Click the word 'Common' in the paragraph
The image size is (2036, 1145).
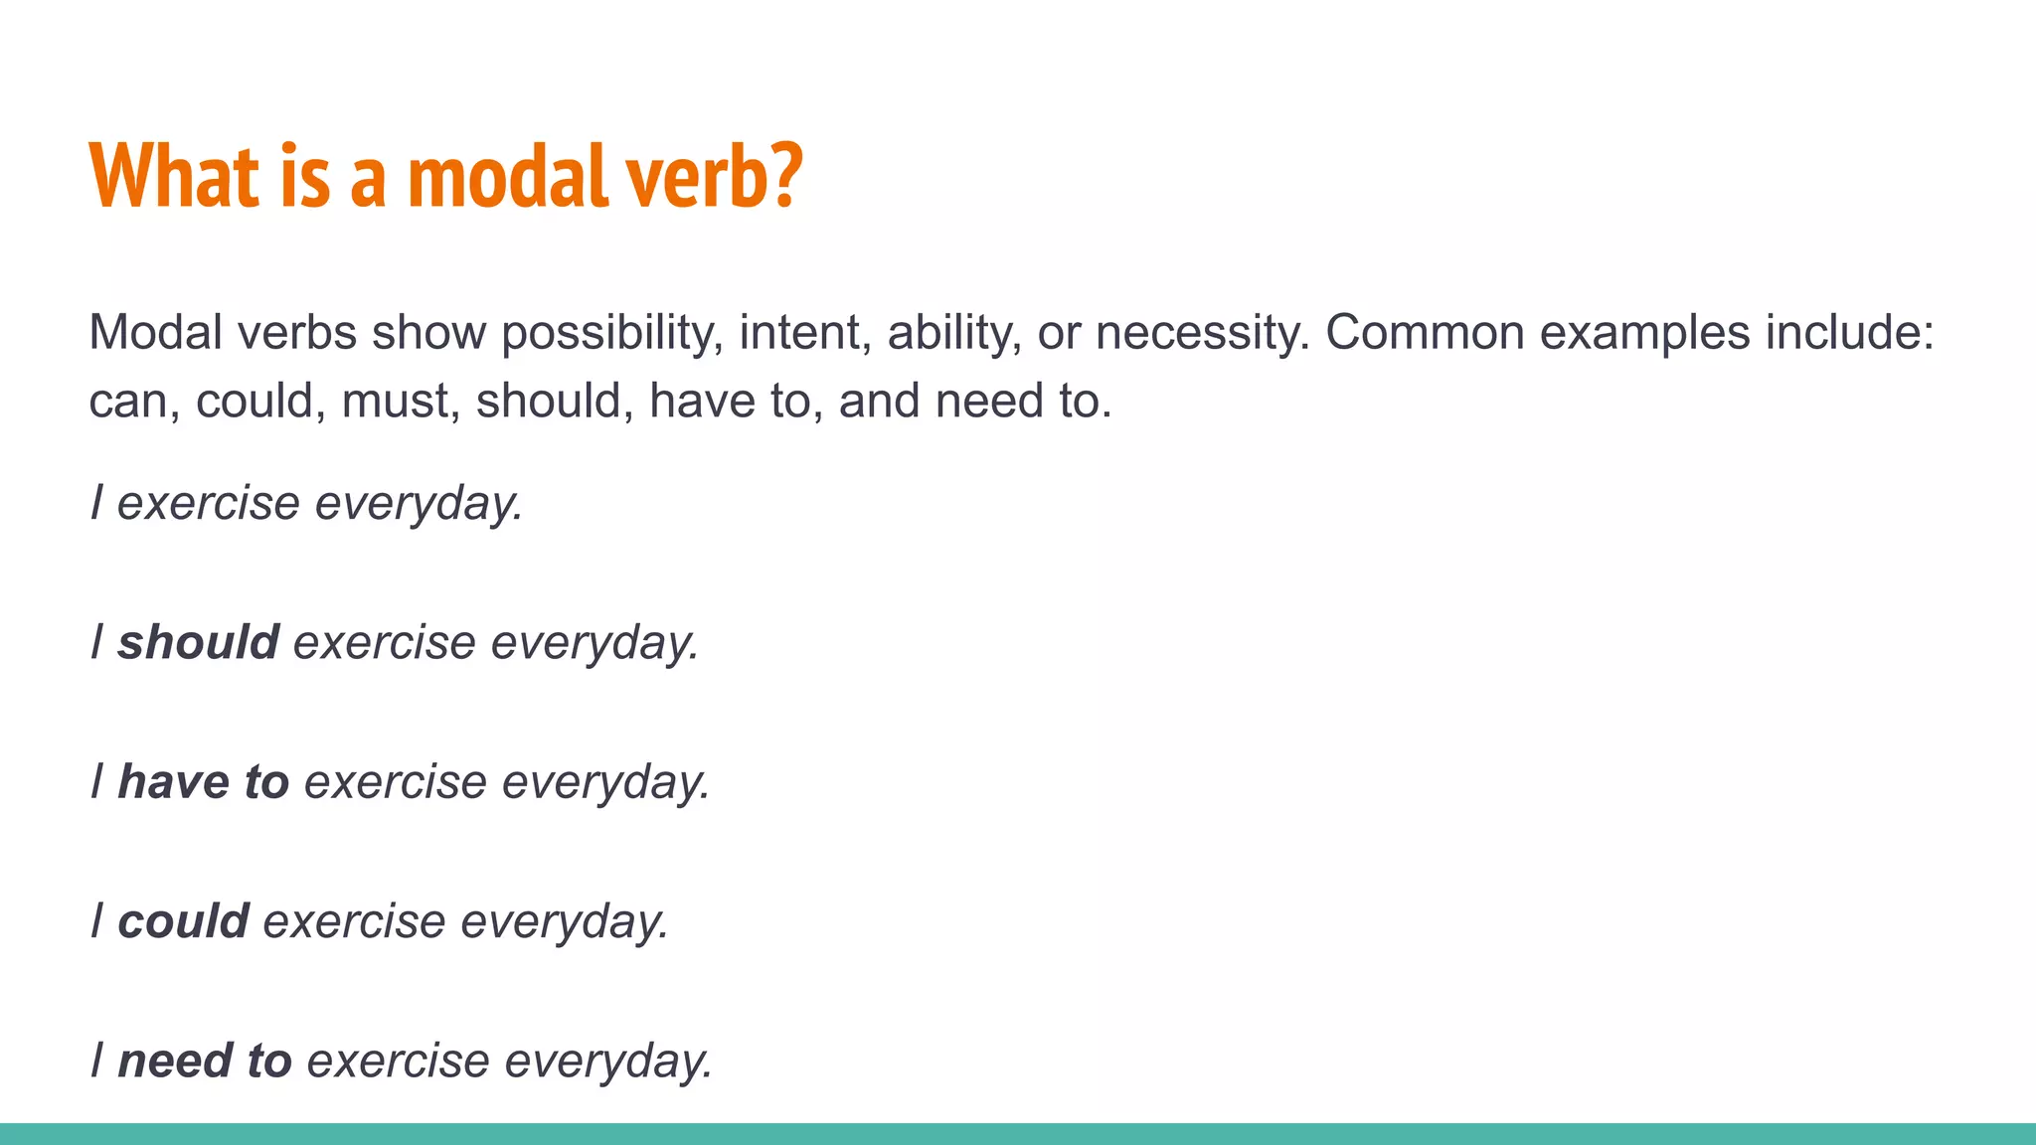click(1425, 332)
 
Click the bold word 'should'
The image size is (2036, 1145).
click(198, 642)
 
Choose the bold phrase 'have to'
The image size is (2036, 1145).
click(203, 781)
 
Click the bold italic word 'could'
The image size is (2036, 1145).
click(183, 921)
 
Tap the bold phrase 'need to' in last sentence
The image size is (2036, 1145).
click(205, 1061)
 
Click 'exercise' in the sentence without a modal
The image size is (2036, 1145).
click(208, 503)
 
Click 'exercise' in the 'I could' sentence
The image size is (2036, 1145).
click(354, 921)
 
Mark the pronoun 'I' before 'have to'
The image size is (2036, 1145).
click(96, 781)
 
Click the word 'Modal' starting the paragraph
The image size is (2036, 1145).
click(155, 332)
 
